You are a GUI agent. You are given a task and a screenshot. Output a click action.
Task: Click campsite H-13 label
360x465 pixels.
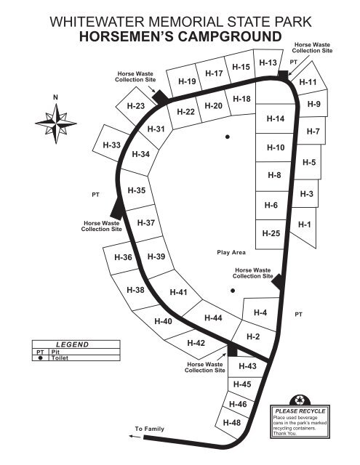[268, 62]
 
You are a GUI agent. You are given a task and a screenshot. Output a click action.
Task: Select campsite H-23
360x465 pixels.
[135, 106]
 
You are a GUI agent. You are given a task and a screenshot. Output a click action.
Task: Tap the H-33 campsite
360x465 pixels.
[111, 145]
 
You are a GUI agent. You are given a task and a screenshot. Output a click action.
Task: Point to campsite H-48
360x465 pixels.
[231, 422]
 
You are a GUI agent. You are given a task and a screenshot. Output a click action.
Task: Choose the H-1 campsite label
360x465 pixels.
[305, 225]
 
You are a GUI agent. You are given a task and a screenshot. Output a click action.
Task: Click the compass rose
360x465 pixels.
[56, 124]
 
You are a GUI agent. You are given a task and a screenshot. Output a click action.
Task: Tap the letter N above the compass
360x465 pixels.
[55, 97]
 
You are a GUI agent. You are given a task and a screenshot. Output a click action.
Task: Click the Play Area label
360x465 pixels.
[231, 252]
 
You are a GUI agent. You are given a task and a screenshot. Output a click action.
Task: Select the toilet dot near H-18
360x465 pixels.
[228, 137]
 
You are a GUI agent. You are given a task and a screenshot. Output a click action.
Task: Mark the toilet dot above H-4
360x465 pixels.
[233, 291]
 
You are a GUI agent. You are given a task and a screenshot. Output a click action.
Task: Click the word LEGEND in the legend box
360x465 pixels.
[73, 344]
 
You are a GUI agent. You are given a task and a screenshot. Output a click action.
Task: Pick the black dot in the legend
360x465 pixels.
[40, 358]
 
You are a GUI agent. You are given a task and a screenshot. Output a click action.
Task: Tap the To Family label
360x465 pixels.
[149, 429]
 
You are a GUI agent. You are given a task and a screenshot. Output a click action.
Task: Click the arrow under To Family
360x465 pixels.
[135, 436]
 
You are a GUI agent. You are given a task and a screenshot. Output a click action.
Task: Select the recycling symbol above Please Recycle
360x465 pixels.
[300, 400]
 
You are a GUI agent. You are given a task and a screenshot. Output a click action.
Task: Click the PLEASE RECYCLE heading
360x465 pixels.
[300, 411]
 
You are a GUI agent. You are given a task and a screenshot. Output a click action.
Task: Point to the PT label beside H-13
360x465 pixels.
[294, 62]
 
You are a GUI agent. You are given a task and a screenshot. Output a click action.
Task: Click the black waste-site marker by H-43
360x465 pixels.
[233, 350]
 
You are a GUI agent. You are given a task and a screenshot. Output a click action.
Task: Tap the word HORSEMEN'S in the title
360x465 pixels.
[127, 36]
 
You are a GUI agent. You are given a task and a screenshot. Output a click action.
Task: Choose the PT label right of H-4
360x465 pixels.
[299, 314]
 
